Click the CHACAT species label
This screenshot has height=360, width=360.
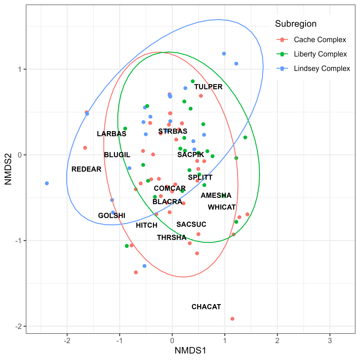(206, 307)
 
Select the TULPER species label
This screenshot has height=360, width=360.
(208, 87)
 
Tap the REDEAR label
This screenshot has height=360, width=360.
(86, 169)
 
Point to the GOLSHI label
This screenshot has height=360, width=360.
(111, 216)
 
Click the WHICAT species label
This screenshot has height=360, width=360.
(221, 207)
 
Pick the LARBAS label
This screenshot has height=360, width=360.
(111, 134)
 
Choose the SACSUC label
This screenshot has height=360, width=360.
(191, 224)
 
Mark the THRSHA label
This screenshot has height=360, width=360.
(172, 238)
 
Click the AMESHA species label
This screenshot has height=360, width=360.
(216, 195)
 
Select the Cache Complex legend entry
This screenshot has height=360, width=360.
(320, 40)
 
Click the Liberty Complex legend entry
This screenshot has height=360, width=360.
(320, 54)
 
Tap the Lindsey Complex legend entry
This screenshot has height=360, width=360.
(322, 69)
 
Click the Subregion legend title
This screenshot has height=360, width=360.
(296, 24)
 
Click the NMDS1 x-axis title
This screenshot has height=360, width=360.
(191, 350)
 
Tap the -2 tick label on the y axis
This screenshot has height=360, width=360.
(18, 326)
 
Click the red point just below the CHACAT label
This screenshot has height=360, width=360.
(232, 319)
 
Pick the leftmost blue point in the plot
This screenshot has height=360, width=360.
(47, 184)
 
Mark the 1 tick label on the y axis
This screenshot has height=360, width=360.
(20, 69)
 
